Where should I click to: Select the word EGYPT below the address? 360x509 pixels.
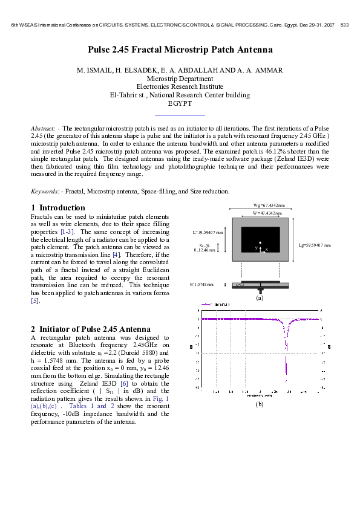pyautogui.click(x=180, y=104)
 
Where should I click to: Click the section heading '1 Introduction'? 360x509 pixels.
pyautogui.click(x=58, y=207)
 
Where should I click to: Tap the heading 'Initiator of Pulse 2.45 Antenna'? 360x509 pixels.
pyautogui.click(x=95, y=329)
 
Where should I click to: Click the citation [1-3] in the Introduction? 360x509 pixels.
pyautogui.click(x=65, y=232)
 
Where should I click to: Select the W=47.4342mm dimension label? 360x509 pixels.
pyautogui.click(x=258, y=213)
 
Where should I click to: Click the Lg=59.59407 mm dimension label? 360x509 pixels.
pyautogui.click(x=315, y=245)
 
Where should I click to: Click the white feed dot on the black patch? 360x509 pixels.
pyautogui.click(x=261, y=242)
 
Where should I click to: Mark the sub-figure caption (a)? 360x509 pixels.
pyautogui.click(x=260, y=298)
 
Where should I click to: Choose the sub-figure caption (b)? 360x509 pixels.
pyautogui.click(x=260, y=403)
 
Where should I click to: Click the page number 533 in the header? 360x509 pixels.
pyautogui.click(x=345, y=25)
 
